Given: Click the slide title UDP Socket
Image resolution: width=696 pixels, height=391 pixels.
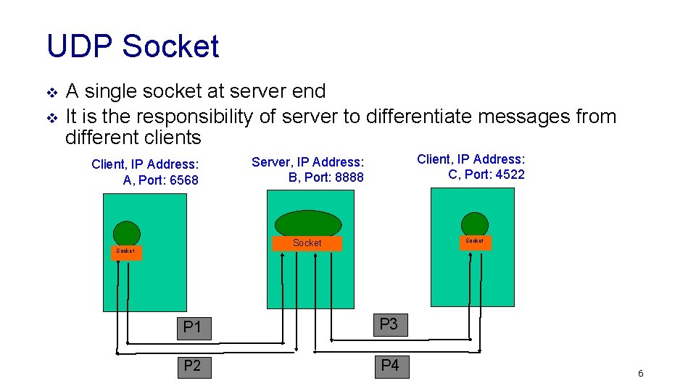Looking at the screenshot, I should coord(133,46).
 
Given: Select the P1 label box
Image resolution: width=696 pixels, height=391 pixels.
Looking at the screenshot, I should coord(192,327).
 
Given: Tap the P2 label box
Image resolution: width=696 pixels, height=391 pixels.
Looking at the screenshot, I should coord(192,366).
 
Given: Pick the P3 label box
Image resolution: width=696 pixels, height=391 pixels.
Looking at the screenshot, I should coord(389,324).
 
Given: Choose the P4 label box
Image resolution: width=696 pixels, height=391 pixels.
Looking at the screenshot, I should coord(389,365).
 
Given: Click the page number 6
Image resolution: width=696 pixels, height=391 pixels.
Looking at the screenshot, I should coord(640,374).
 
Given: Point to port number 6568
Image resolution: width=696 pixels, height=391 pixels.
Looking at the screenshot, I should coord(183,180).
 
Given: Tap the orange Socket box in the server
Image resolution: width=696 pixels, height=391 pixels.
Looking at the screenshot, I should coord(307,243).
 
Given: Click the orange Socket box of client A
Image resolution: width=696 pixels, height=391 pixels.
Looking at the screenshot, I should coord(125,251).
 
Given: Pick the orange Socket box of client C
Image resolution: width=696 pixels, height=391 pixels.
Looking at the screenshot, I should coord(475,241).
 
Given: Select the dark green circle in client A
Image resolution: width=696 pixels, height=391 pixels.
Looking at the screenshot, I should coord(127,233).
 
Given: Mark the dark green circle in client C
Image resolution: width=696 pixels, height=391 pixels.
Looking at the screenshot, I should coord(475,224).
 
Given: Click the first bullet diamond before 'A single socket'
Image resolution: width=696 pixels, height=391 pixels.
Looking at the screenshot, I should coord(51,93).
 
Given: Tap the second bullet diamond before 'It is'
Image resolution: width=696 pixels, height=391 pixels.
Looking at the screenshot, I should coord(51,117).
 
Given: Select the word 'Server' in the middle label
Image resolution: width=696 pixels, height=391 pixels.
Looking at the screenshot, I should coord(270,162).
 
